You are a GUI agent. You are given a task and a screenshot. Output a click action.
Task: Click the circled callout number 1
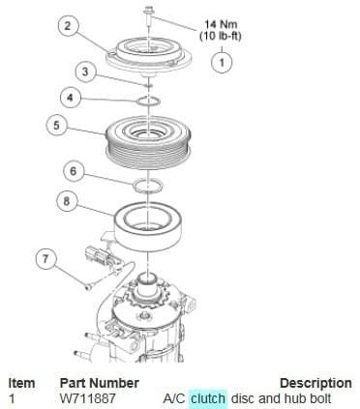click(222, 63)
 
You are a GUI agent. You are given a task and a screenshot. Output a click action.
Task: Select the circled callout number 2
click(68, 26)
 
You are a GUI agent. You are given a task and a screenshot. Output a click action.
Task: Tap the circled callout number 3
click(85, 72)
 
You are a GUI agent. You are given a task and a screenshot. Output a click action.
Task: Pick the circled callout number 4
click(71, 98)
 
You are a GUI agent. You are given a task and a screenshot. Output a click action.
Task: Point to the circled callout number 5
click(56, 125)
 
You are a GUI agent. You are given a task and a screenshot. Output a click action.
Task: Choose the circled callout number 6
click(74, 171)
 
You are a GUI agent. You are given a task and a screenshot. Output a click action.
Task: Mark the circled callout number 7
click(45, 259)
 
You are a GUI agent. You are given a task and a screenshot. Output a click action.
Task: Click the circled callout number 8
click(67, 202)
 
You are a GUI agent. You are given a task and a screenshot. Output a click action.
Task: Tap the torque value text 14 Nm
click(221, 24)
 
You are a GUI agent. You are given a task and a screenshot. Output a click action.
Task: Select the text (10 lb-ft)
click(221, 36)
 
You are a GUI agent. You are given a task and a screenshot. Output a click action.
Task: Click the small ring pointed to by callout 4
click(148, 102)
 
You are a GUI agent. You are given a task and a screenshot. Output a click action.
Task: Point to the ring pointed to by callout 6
click(148, 186)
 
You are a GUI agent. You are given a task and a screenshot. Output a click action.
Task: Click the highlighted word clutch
click(208, 398)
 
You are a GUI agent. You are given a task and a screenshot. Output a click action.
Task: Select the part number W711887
click(88, 398)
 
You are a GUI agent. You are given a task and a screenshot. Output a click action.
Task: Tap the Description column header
click(315, 383)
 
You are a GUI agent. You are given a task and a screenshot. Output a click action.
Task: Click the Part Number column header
click(100, 383)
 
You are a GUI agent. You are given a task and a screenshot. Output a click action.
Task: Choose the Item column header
click(21, 383)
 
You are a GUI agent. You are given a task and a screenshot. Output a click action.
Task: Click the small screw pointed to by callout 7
click(89, 286)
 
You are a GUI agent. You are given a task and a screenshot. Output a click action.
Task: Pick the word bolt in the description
click(319, 398)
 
